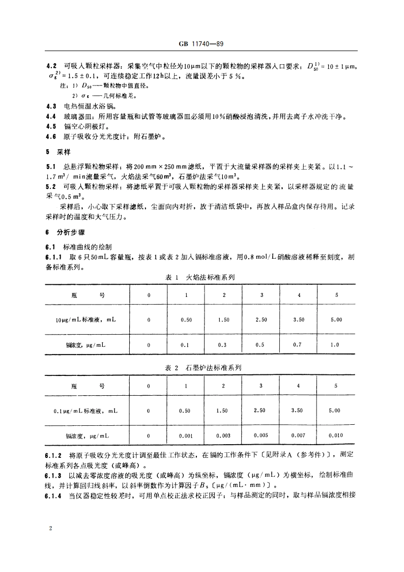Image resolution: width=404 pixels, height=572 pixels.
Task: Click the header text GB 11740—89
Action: coord(201,44)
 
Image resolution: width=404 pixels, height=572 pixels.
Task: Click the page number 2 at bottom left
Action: coord(50,529)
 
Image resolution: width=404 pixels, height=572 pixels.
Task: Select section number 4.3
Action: coord(51,107)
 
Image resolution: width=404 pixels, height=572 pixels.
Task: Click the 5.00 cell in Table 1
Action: coord(336,320)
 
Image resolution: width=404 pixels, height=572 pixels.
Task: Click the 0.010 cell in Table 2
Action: coord(336,435)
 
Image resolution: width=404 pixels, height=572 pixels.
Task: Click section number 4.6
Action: coord(51,137)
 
